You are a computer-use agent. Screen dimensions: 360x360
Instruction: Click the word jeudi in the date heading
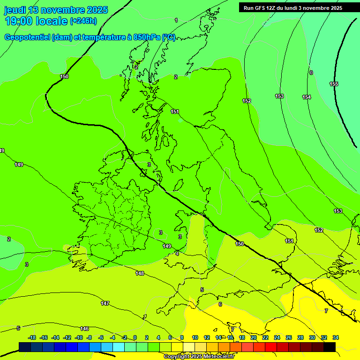click(15, 10)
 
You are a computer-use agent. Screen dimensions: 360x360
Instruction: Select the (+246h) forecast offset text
click(83, 21)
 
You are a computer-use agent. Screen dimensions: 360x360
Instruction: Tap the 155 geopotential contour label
click(334, 84)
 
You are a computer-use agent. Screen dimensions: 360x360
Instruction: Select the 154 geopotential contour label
click(307, 97)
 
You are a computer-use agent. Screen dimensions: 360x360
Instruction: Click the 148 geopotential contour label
click(140, 273)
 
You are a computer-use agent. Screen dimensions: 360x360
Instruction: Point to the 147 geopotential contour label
click(105, 303)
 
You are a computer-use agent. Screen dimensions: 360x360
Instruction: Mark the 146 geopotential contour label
click(84, 329)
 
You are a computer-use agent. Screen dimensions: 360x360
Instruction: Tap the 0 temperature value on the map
click(311, 73)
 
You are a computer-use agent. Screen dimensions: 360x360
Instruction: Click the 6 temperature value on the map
click(220, 304)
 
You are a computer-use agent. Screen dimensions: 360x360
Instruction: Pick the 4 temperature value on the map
click(177, 254)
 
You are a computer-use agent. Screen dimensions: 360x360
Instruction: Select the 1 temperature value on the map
click(176, 20)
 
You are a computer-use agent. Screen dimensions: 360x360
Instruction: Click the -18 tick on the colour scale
click(32, 337)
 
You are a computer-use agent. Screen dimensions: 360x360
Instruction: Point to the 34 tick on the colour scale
click(336, 337)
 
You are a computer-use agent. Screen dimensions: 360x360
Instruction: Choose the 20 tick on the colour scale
click(254, 337)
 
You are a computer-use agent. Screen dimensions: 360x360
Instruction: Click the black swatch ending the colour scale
click(330, 347)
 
